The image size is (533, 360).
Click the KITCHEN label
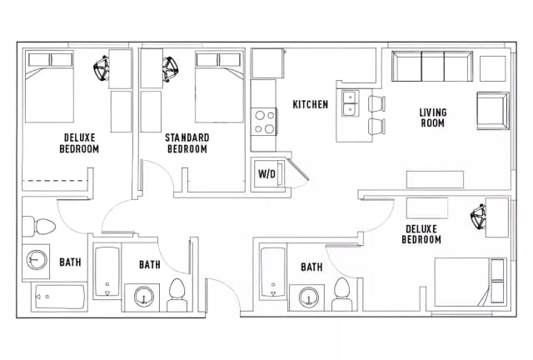[x=310, y=104]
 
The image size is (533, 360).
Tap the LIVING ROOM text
[x=432, y=117]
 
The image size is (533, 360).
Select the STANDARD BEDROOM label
[x=187, y=142]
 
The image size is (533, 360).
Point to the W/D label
[x=266, y=174]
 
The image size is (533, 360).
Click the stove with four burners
[x=264, y=122]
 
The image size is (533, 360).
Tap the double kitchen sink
[x=349, y=102]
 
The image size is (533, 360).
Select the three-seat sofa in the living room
[x=431, y=66]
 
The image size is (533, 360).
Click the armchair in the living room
[x=492, y=110]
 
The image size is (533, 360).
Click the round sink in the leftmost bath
[x=37, y=261]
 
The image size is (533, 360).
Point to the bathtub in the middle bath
[x=107, y=272]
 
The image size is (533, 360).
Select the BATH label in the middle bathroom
[x=150, y=265]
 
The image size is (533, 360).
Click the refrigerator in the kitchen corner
[x=267, y=64]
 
